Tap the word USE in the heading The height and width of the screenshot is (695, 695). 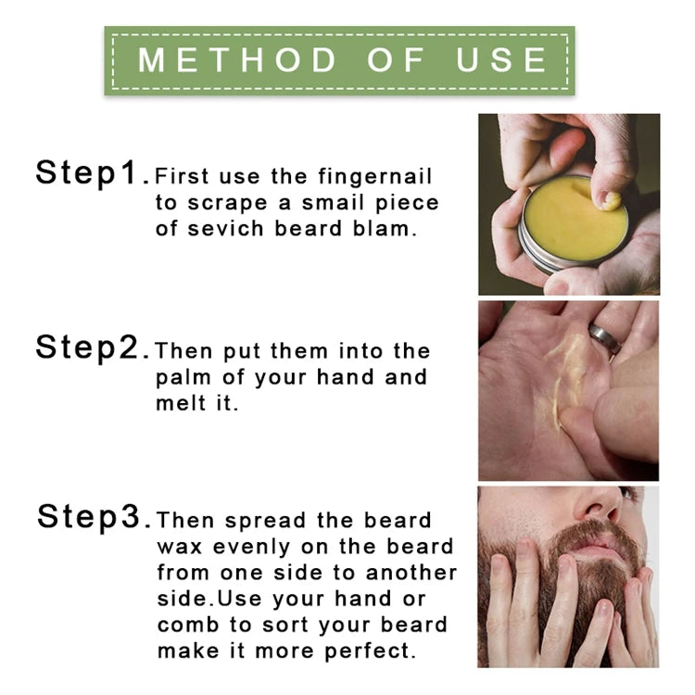[501, 60]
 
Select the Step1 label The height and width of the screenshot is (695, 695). [90, 172]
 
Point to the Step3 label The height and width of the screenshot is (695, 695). [90, 517]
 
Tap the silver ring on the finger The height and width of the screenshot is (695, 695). [605, 340]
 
